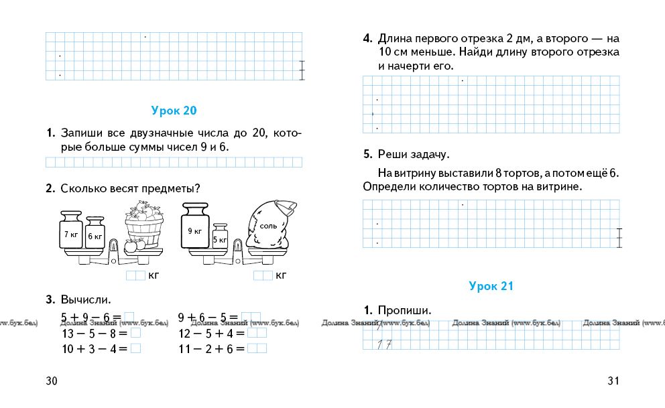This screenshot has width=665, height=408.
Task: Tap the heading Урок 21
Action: [491, 287]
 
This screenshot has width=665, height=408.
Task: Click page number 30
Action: [52, 381]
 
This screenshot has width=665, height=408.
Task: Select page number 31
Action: [613, 381]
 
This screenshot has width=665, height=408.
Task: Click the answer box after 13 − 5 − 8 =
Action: [135, 332]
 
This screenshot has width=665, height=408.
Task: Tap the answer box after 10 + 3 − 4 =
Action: [135, 348]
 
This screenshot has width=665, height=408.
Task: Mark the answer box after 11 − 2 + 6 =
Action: [257, 348]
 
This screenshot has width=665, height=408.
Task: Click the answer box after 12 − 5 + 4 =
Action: [257, 332]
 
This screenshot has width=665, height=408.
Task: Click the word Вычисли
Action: [85, 299]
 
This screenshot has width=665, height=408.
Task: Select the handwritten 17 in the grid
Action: [383, 345]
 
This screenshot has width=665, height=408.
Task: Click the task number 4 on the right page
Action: [367, 38]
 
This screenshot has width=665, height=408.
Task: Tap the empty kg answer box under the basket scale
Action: [135, 275]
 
